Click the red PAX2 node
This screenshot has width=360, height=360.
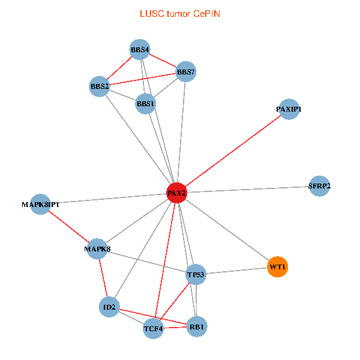coord(176,193)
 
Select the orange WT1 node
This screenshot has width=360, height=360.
coord(277,266)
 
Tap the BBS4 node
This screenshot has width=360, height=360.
coord(140,49)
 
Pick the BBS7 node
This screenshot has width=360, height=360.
coord(185,73)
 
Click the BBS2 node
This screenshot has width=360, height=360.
coord(100,86)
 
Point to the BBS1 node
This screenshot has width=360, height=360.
coord(146,104)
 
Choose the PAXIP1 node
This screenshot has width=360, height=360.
coord(289,109)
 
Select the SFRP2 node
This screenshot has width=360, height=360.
coord(319,186)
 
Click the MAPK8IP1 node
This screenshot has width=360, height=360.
coord(40,205)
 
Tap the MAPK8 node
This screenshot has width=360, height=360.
coord(97,248)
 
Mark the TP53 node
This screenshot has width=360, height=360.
coord(196,274)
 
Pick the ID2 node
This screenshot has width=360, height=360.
coord(109,307)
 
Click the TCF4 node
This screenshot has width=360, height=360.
coord(153,328)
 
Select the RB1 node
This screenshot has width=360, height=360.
coord(197,327)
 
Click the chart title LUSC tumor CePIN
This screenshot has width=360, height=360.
coord(180,13)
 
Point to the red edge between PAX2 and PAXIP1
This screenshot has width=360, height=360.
coord(233,151)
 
